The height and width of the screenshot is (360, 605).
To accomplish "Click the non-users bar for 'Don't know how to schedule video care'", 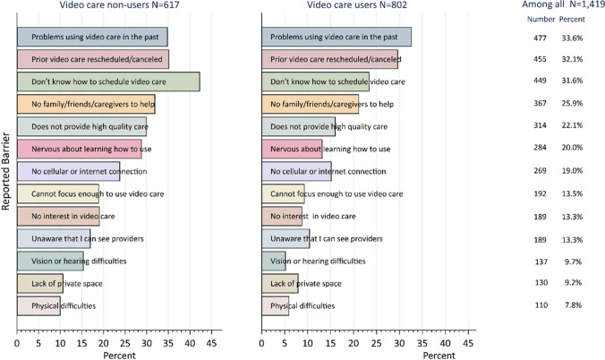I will pyautogui.click(x=107, y=81).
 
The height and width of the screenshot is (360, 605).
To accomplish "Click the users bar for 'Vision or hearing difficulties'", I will pyautogui.click(x=274, y=261).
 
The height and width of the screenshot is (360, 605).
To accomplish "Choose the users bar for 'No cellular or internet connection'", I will pyautogui.click(x=296, y=171).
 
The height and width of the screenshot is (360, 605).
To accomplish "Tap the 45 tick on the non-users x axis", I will pyautogui.click(x=212, y=341).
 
